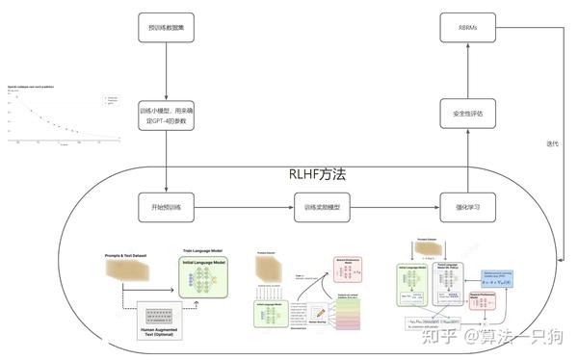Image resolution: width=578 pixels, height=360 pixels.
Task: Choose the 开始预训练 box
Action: (168, 207)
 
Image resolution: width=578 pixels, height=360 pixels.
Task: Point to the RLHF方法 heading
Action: (317, 175)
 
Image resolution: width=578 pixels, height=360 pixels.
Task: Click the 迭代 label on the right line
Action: (552, 143)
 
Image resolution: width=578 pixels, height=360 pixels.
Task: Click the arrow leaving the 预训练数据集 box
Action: (168, 72)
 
